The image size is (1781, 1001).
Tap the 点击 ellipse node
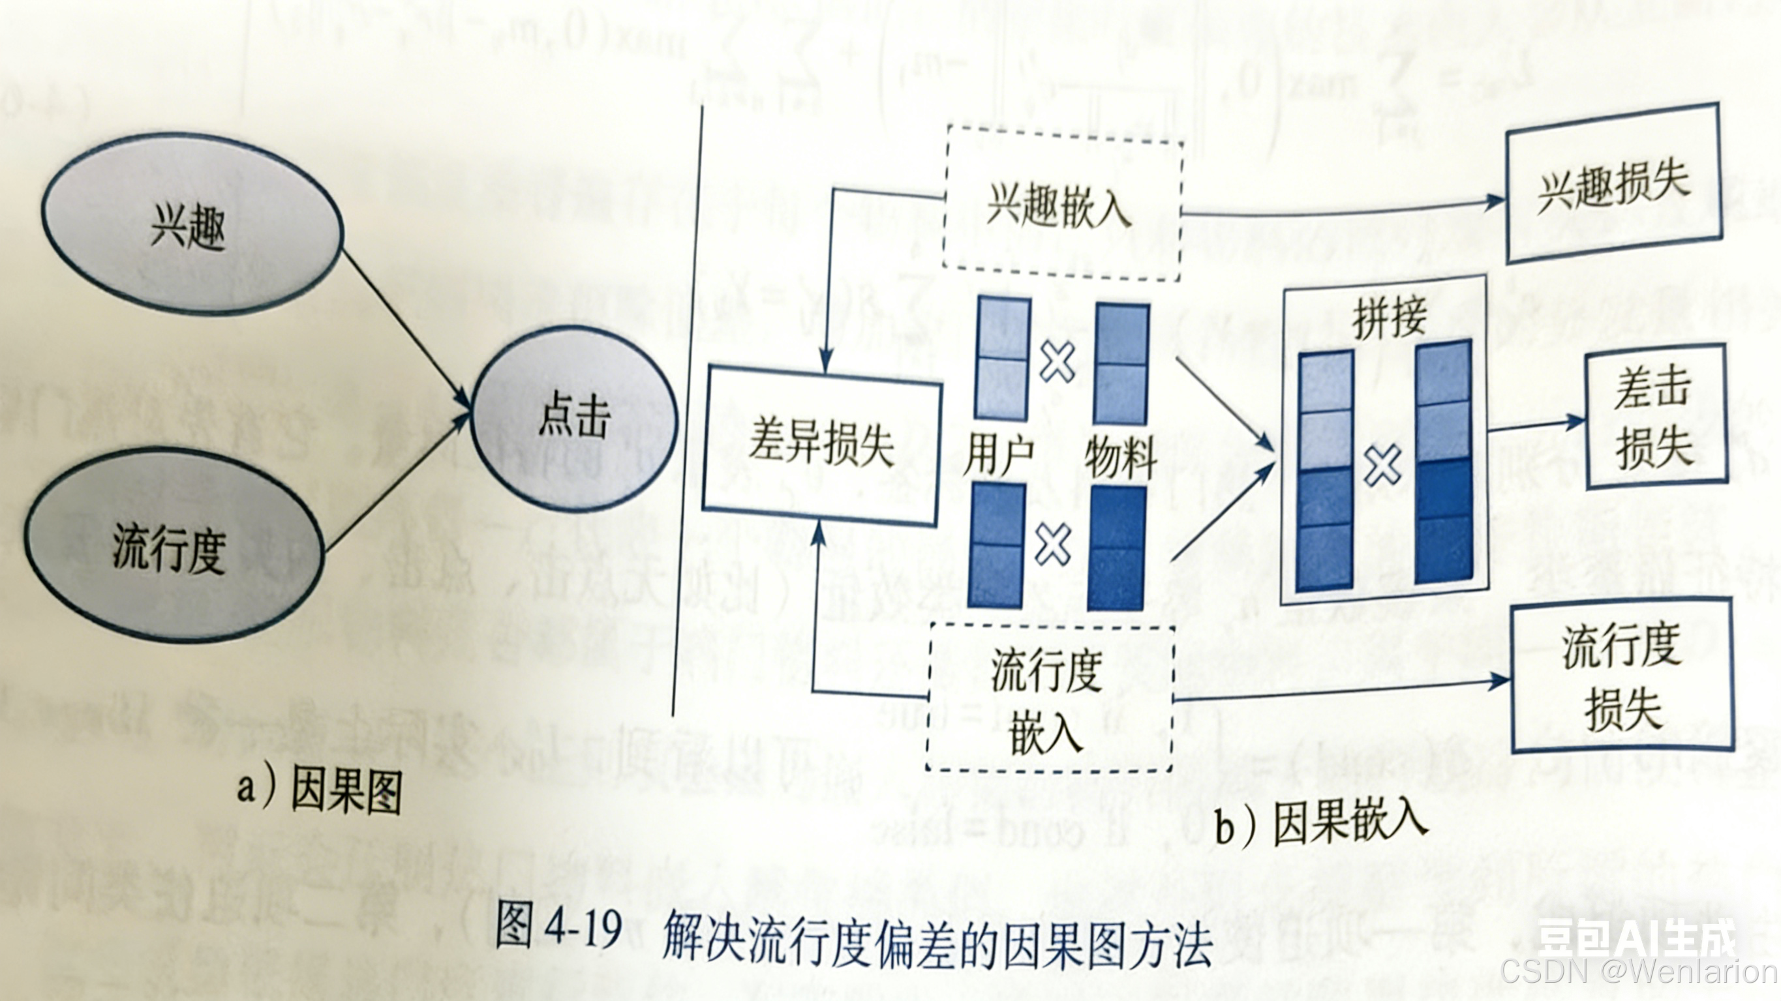[x=574, y=418]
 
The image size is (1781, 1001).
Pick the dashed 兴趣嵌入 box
[x=1061, y=205]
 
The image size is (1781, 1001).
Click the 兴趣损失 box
[x=1613, y=183]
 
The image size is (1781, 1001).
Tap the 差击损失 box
[x=1655, y=419]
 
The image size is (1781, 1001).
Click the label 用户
[x=998, y=454]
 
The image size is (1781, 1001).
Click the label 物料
[x=1121, y=456]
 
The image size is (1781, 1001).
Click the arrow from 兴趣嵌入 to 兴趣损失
[x=1341, y=209]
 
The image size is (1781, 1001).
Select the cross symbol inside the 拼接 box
[x=1383, y=464]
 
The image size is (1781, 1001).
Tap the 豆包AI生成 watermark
[x=1635, y=937]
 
